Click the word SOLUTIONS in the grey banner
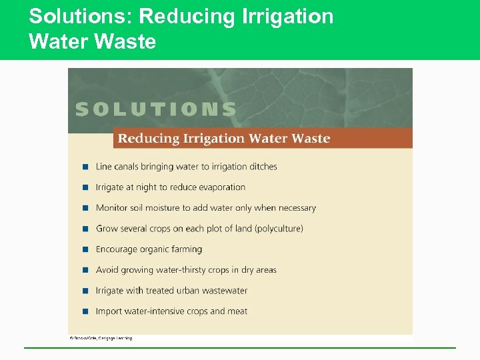coord(156,109)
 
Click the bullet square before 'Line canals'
coord(85,167)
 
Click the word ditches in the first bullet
coord(260,167)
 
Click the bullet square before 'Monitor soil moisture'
coord(85,208)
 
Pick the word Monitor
coord(111,208)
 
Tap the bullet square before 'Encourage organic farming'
coord(85,249)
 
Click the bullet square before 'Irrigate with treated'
coord(85,291)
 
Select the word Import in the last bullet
coord(109,311)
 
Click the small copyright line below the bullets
coord(101,338)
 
